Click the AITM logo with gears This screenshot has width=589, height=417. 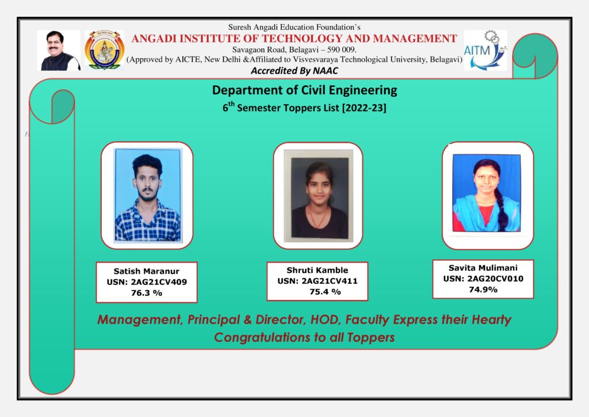click(485, 51)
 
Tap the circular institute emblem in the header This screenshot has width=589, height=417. click(104, 51)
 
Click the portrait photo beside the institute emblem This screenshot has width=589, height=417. click(59, 51)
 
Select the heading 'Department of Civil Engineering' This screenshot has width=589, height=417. click(304, 90)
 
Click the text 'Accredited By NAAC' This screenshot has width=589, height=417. click(294, 71)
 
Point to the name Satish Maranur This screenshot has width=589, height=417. click(146, 271)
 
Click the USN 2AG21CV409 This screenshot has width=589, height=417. click(146, 282)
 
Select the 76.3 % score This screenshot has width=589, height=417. click(146, 292)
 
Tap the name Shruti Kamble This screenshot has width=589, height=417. click(317, 270)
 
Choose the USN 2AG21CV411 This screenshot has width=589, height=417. click(317, 280)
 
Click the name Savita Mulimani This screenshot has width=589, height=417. click(483, 268)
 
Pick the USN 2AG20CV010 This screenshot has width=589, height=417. click(483, 279)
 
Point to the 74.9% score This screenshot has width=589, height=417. click(483, 289)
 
